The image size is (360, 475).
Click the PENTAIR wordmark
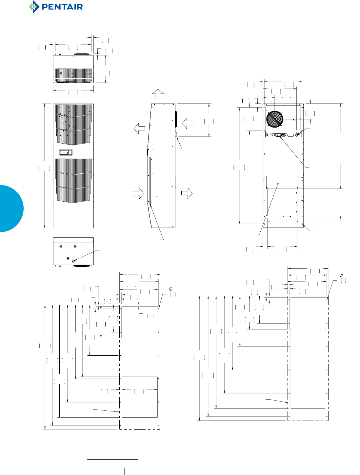(62, 7)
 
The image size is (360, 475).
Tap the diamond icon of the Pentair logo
(34, 7)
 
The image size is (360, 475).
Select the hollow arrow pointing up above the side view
(158, 94)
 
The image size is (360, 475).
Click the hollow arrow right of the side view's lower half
(187, 193)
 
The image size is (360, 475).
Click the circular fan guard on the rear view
(274, 119)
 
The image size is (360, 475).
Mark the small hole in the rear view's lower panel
(278, 184)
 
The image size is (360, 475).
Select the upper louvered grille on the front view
(73, 124)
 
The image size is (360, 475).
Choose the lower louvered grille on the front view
(73, 180)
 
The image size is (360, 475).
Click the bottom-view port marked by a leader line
(73, 261)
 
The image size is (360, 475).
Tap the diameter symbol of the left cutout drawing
(171, 289)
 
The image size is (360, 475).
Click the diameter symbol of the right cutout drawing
(341, 275)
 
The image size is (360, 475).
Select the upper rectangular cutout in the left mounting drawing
(140, 322)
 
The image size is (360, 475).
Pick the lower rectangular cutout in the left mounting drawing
(140, 397)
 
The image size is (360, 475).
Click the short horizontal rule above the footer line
(112, 460)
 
